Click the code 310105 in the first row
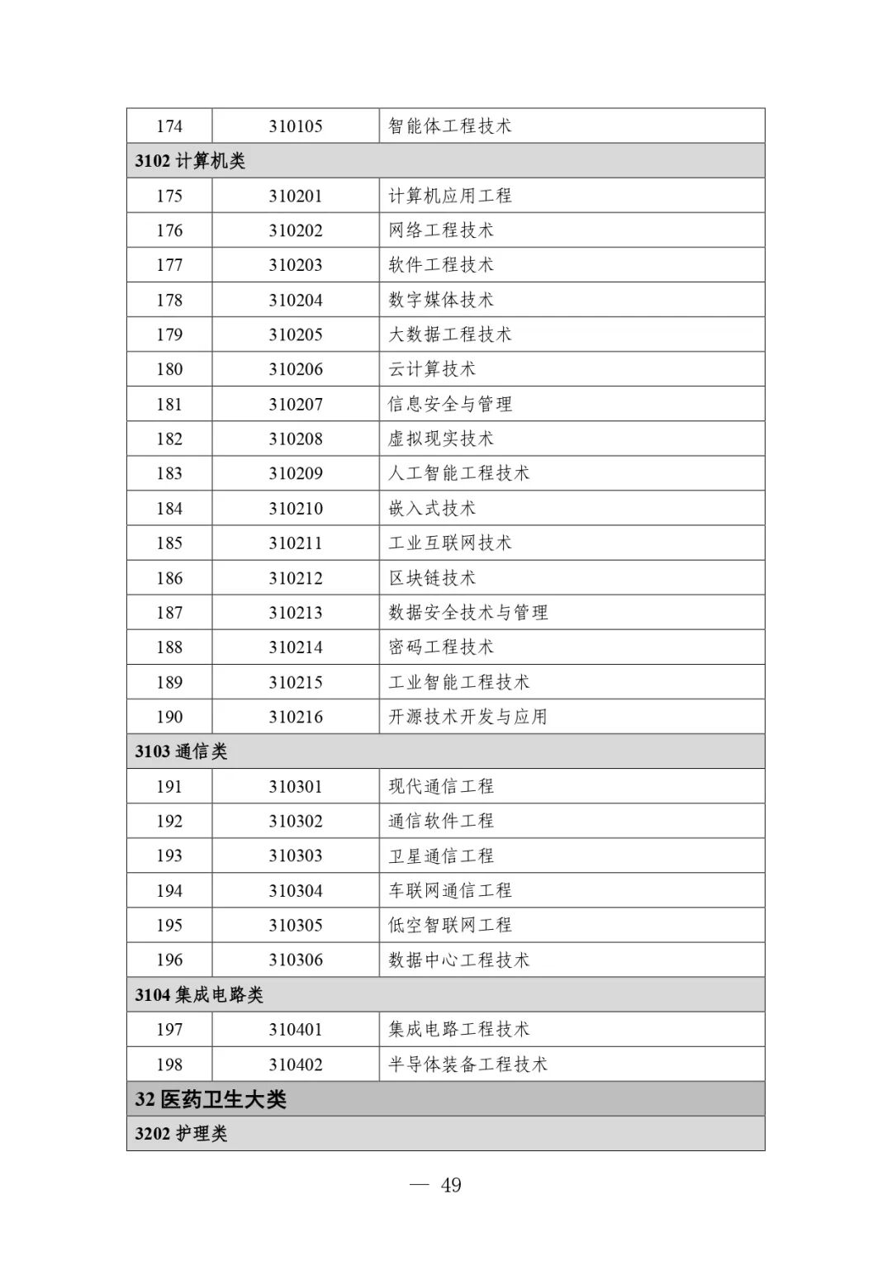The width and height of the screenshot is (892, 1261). tap(295, 126)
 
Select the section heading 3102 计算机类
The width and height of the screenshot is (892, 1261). tap(190, 161)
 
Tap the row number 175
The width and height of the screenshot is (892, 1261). tap(169, 196)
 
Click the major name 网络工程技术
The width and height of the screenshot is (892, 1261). tap(441, 230)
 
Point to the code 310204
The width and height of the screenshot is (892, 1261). tap(295, 300)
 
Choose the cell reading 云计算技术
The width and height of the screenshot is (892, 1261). tap(432, 369)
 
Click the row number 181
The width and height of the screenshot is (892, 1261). tap(169, 405)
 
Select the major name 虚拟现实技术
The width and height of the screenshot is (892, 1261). tap(441, 439)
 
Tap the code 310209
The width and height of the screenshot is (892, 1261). tap(295, 474)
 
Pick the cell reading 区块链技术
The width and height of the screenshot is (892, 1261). tap(432, 578)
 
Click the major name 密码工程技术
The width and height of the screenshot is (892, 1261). tap(441, 647)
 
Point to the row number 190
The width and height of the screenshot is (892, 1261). tap(169, 717)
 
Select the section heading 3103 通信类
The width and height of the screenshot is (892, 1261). tap(181, 751)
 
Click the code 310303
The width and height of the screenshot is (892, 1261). tap(295, 856)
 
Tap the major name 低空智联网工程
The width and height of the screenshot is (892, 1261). tap(450, 925)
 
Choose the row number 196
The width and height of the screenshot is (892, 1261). tap(169, 960)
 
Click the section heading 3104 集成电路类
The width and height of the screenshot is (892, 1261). tap(199, 995)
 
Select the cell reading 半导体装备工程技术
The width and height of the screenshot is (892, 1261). tap(467, 1064)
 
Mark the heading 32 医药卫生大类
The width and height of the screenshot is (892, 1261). tap(211, 1099)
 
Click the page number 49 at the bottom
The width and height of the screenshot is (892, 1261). tap(451, 1186)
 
